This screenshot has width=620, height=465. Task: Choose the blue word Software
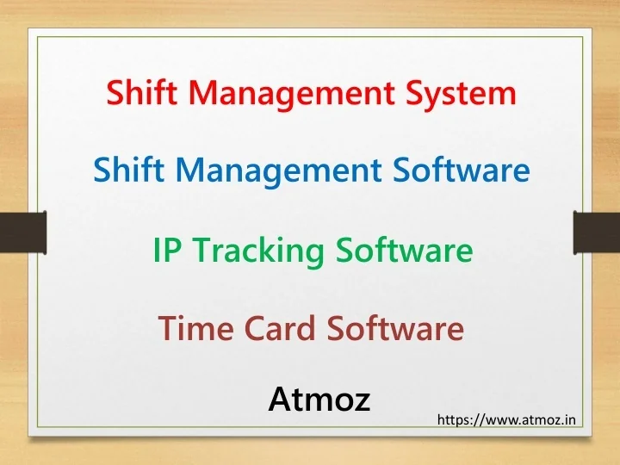pyautogui.click(x=461, y=170)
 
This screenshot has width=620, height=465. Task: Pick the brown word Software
pyautogui.click(x=394, y=328)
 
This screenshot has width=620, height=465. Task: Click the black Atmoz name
pyautogui.click(x=319, y=399)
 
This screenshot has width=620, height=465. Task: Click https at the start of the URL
pyautogui.click(x=456, y=421)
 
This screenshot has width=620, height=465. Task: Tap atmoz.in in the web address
pyautogui.click(x=551, y=421)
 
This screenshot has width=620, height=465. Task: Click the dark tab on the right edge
pyautogui.click(x=596, y=232)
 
